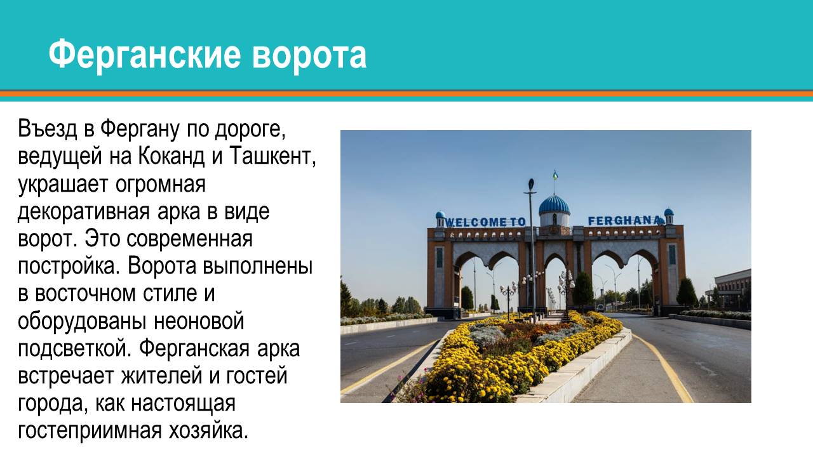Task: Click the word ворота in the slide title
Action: [309, 55]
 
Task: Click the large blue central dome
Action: [554, 205]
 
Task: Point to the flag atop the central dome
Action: [555, 175]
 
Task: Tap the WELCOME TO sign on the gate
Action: [487, 222]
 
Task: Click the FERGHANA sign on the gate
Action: [624, 220]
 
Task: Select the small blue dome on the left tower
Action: [440, 215]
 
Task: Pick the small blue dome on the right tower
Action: [668, 212]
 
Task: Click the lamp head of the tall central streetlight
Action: [530, 186]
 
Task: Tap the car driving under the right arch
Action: [600, 307]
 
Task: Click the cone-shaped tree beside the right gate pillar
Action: [687, 293]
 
